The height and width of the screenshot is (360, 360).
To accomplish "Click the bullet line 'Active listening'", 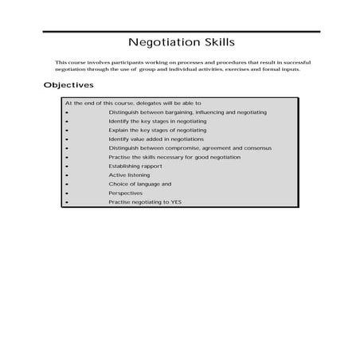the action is (x=129, y=174).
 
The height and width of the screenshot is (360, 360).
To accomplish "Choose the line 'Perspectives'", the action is (x=126, y=193).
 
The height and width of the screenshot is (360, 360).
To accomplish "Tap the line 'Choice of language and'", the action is (x=139, y=184).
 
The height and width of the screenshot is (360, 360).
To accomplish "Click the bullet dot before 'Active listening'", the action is (x=67, y=175).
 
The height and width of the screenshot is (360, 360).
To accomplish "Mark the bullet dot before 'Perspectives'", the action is (x=67, y=194).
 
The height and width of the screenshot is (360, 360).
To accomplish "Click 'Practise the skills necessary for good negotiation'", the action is (x=174, y=157).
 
